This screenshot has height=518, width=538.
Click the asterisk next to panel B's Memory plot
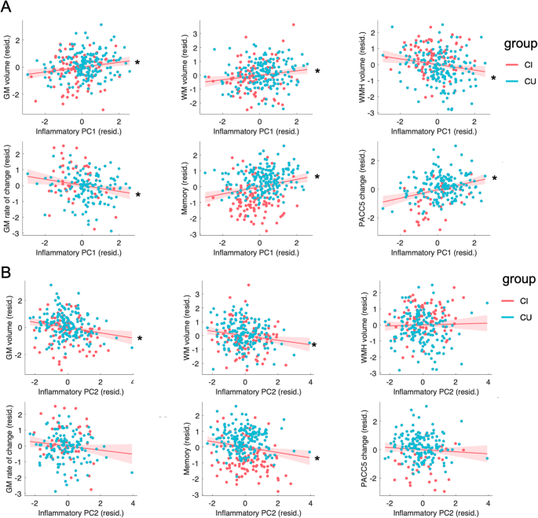(317, 459)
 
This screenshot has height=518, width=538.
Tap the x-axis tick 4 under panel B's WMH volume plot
(488, 382)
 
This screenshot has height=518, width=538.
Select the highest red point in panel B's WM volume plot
(248, 285)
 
